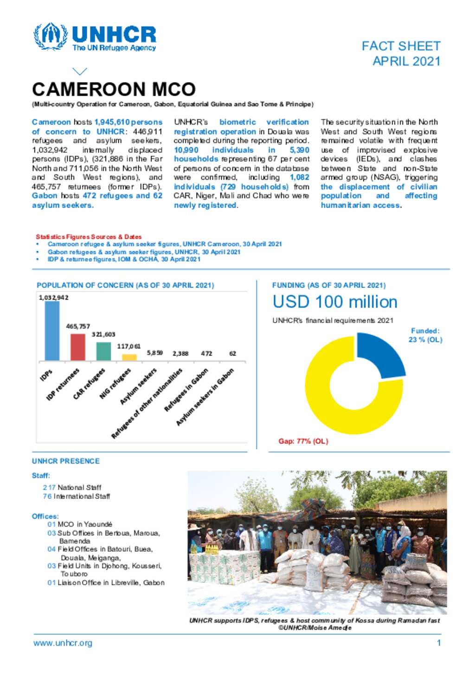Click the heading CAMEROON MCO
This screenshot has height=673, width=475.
click(x=114, y=89)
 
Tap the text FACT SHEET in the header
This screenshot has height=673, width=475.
click(x=401, y=46)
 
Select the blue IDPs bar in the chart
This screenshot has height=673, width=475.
click(x=52, y=331)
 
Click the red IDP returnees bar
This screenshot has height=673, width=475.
click(x=78, y=347)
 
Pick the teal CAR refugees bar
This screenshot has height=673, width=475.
click(x=103, y=351)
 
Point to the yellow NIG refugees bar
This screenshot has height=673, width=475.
click(x=129, y=357)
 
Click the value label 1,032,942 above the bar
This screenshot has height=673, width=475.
click(x=53, y=297)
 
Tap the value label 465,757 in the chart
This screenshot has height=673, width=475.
click(x=78, y=326)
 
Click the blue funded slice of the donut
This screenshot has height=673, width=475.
click(x=383, y=353)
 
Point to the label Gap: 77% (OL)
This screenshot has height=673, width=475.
click(x=303, y=441)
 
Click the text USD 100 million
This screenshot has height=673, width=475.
click(x=335, y=302)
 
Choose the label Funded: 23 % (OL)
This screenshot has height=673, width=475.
click(x=425, y=335)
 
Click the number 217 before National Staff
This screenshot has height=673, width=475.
click(x=49, y=487)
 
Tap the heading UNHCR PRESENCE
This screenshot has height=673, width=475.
click(x=66, y=461)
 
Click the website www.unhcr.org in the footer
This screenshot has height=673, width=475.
click(x=63, y=643)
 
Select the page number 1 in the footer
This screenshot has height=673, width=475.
click(x=439, y=643)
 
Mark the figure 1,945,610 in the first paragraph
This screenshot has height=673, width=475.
click(x=111, y=122)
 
